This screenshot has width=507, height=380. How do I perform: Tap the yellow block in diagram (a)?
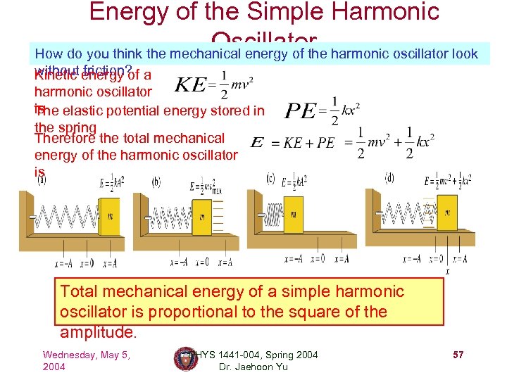click(110, 216)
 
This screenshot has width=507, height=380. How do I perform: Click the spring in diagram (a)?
click(68, 217)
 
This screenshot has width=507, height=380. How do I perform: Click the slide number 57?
click(458, 355)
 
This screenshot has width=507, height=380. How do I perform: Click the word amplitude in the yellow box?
click(96, 332)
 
